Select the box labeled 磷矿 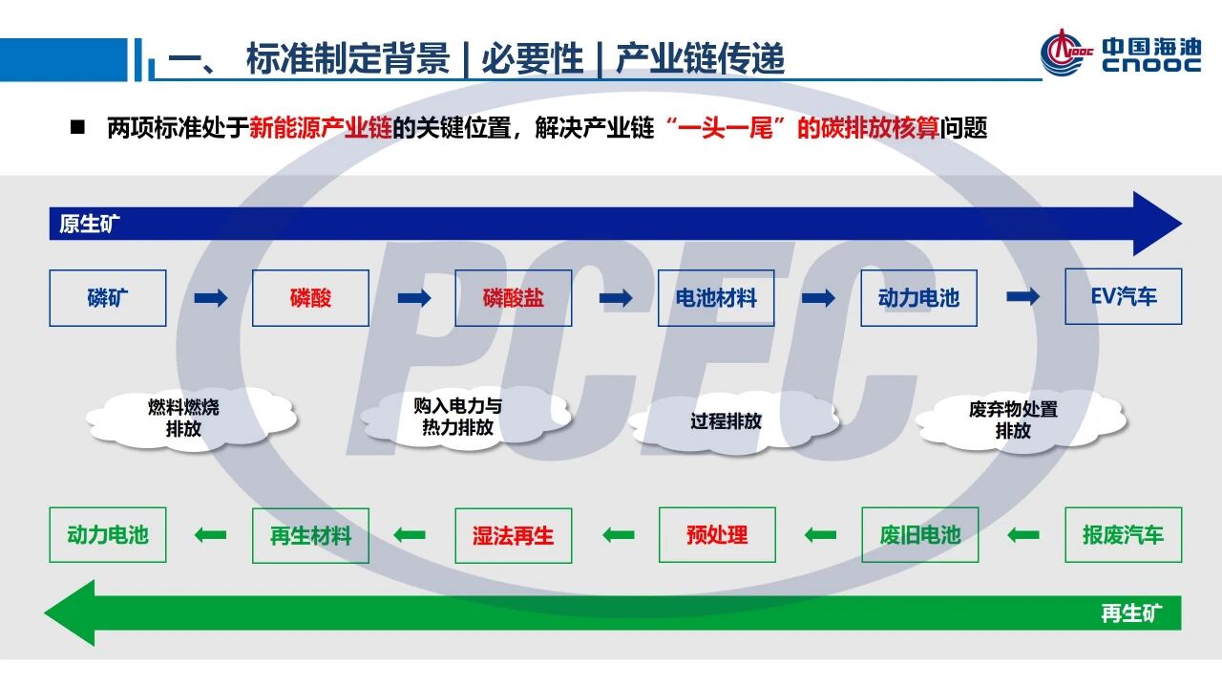click(108, 298)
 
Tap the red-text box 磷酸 click(310, 298)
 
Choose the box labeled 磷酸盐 click(514, 298)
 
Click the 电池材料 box click(716, 298)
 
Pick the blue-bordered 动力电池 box click(918, 298)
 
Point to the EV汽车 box click(1124, 296)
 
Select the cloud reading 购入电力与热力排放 click(458, 417)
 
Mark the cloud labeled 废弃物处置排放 click(1013, 419)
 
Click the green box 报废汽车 click(1124, 535)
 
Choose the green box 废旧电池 click(920, 535)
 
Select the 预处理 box click(717, 535)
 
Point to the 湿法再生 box click(514, 535)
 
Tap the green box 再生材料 click(310, 535)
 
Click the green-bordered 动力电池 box click(108, 535)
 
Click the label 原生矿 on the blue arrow click(90, 225)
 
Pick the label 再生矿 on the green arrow click(1131, 613)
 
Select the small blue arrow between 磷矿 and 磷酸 click(210, 298)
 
